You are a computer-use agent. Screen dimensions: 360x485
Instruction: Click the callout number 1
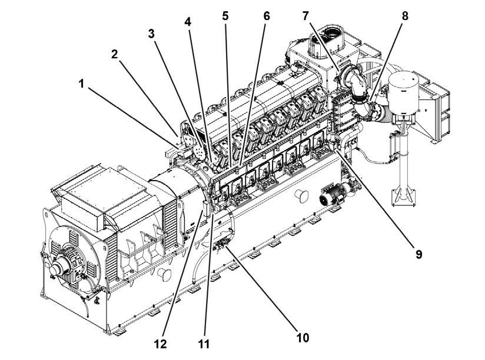pos(81,84)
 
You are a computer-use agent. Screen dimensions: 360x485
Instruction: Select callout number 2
pos(115,54)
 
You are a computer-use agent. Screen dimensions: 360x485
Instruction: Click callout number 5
pos(225,16)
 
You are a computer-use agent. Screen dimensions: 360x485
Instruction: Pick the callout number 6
pos(266,16)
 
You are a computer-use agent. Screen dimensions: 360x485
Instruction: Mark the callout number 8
pos(404,16)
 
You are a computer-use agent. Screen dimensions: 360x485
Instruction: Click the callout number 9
pos(418,255)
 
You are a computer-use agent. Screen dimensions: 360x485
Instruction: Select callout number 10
pos(303,338)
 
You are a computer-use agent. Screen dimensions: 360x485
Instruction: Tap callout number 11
pos(205,342)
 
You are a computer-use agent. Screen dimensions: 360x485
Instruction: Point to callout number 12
pos(161,342)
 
